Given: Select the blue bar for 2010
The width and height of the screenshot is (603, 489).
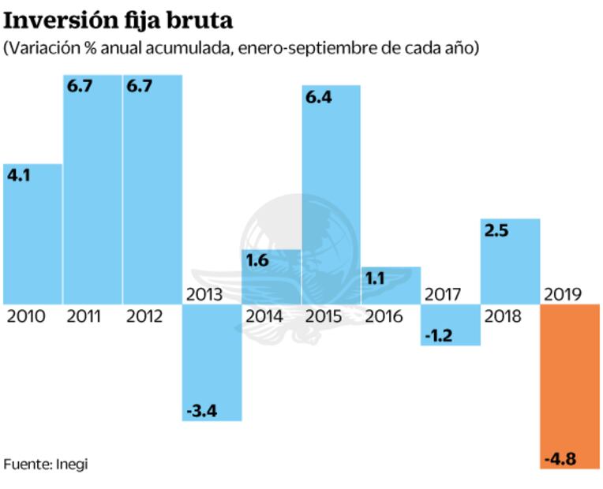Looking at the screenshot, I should [32, 237].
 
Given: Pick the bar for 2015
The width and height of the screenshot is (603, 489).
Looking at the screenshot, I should [331, 197].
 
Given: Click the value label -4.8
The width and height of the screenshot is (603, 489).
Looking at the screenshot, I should [561, 458].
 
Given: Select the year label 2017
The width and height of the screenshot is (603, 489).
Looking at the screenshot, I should [443, 295].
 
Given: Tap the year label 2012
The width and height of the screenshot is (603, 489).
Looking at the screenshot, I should [144, 317].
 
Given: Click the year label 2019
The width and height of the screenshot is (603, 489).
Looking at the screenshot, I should [562, 295].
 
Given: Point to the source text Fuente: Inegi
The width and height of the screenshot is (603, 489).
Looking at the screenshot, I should [46, 464].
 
